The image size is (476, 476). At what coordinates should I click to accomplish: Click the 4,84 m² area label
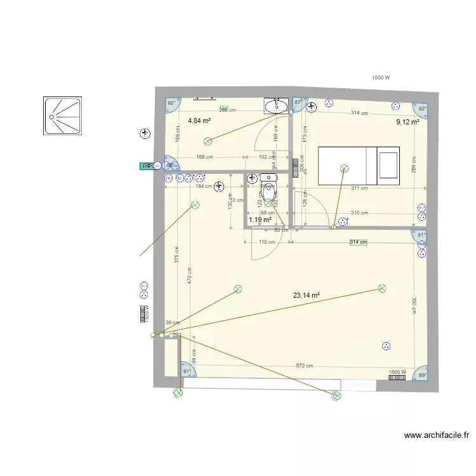(x=200, y=120)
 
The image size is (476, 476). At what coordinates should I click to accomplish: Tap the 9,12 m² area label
(x=408, y=122)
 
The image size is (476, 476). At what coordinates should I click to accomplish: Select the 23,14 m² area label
(x=306, y=295)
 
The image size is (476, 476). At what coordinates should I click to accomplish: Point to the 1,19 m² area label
(x=260, y=220)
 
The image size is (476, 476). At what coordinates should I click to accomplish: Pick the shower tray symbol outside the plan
(x=63, y=116)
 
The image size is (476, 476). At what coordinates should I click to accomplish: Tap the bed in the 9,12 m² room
(x=359, y=166)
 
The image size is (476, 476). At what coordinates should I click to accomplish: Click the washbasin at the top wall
(x=276, y=106)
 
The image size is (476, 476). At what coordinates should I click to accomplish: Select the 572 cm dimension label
(x=305, y=366)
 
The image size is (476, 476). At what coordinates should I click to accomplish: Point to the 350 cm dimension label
(x=414, y=306)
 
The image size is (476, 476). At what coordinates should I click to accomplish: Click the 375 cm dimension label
(x=177, y=255)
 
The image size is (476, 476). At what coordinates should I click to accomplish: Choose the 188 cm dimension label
(x=204, y=157)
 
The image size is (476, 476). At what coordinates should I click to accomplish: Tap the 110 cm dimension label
(x=267, y=242)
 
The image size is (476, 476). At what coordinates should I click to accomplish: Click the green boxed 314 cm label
(x=359, y=242)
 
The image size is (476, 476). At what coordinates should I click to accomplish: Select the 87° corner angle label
(x=298, y=102)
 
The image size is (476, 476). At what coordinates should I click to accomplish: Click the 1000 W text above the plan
(x=381, y=77)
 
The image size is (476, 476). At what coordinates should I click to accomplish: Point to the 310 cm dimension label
(x=359, y=213)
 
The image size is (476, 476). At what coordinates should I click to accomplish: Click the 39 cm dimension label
(x=172, y=323)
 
